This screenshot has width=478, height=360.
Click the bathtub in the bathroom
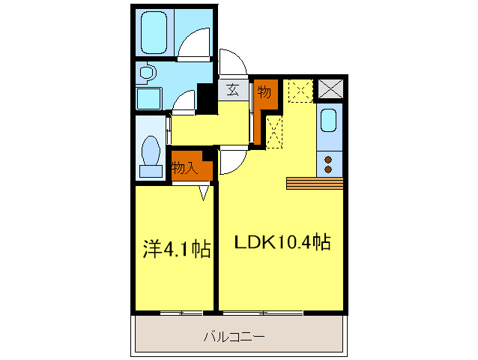pos(154,32)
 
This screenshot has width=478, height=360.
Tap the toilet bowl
pos(151,150)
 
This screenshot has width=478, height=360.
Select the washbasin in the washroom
pos(148,73)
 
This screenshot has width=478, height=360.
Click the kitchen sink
pos(329,120)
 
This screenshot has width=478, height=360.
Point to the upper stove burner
pos(328,160)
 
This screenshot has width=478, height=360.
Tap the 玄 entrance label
pos(232,90)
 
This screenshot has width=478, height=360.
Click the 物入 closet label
pos(184,167)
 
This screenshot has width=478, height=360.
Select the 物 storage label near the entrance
pos(264,91)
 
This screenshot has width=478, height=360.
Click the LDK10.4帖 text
pos(282,242)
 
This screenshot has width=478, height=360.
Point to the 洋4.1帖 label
pos(177,250)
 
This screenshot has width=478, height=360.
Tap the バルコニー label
pos(234,337)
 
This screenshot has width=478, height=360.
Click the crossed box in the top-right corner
pos(330,88)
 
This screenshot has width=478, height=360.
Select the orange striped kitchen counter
pos(315,183)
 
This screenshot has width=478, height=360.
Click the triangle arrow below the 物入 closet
pos(204,193)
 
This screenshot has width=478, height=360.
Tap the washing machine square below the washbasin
pos(149,98)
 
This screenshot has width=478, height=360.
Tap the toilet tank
pos(151,171)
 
